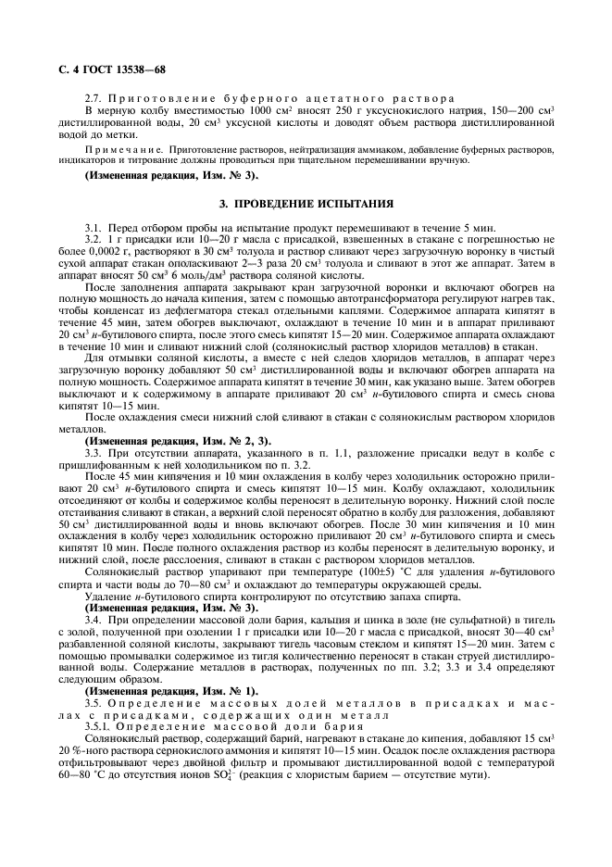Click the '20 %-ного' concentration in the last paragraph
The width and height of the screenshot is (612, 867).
coord(86,774)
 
